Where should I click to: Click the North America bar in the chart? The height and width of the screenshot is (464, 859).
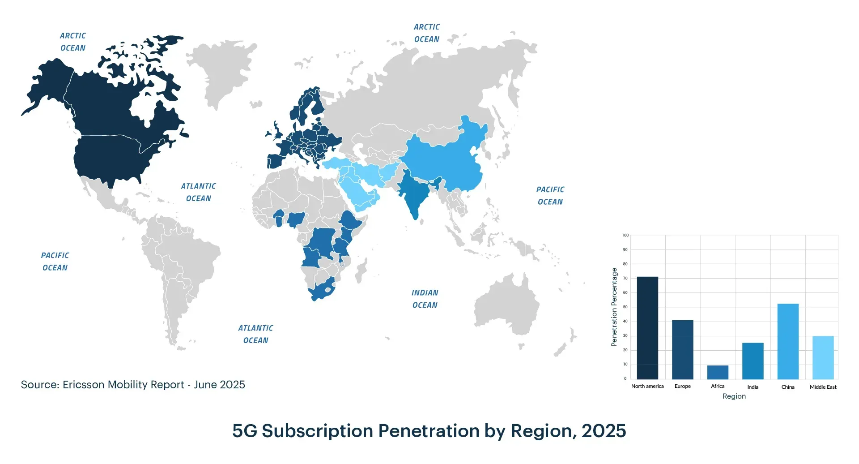647,328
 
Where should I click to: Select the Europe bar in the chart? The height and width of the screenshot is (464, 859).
682,349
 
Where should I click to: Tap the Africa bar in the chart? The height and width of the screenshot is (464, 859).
718,372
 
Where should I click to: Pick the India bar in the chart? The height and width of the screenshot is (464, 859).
753,361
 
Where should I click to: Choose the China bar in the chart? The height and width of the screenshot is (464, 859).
788,341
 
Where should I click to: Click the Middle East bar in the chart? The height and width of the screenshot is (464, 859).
823,357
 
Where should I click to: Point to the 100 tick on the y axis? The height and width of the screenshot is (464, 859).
625,235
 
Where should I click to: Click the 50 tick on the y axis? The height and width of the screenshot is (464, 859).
625,307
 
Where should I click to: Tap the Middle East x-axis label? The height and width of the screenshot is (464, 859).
823,387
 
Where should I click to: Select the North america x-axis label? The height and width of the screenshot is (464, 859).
647,386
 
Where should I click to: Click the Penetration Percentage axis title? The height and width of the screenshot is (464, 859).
614,307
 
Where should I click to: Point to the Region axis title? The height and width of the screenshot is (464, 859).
734,396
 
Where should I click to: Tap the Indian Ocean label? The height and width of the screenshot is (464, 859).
425,299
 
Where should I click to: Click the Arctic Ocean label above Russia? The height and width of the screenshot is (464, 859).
426,33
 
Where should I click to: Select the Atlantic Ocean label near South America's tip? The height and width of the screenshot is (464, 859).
255,334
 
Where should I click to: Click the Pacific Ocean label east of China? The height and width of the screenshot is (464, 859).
550,196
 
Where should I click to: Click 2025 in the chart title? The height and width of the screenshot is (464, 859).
604,431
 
